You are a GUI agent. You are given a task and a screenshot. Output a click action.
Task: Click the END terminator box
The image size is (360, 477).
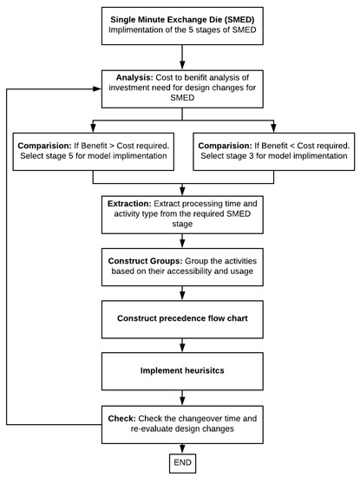tap(181, 462)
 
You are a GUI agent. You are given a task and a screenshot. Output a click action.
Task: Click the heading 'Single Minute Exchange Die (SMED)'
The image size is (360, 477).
tap(181, 19)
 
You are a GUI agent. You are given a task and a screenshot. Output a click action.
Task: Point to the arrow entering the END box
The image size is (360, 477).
tap(181, 444)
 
